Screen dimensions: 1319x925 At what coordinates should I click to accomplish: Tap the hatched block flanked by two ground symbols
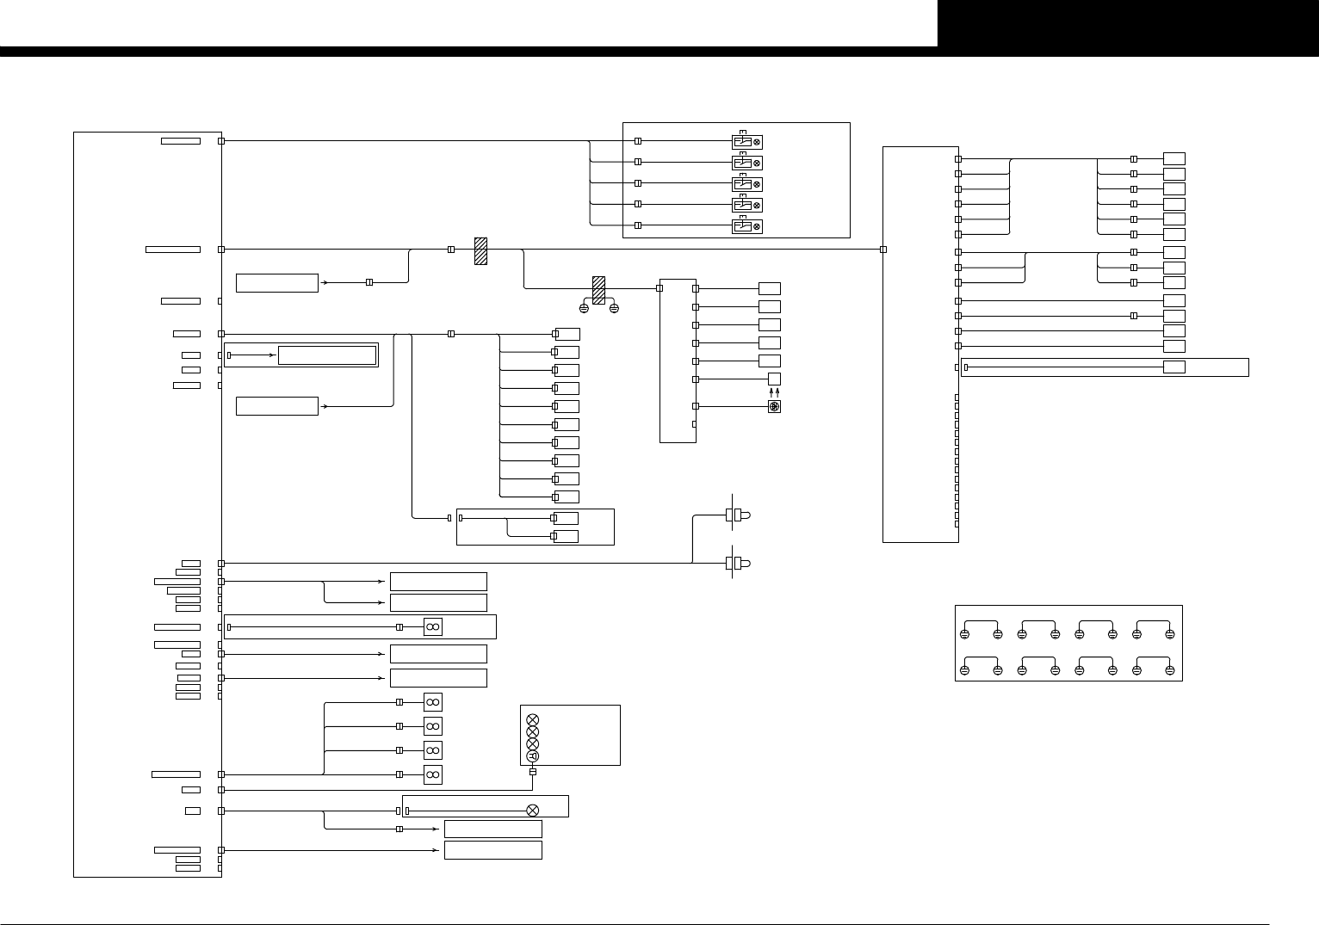pos(598,289)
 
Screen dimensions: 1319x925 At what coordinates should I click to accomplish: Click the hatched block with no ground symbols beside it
pos(480,250)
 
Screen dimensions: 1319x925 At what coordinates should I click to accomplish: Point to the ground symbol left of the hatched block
pos(584,308)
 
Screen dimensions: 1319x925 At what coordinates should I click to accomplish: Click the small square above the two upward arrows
pos(774,379)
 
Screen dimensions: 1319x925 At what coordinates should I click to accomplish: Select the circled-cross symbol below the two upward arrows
pos(774,406)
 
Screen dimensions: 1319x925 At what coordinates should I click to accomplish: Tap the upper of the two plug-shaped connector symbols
pos(738,515)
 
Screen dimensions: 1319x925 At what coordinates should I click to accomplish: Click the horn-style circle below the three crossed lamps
pos(532,756)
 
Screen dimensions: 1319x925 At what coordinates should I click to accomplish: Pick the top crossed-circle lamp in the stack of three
pos(532,719)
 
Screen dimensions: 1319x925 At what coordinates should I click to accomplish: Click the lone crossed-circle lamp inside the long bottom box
pos(532,811)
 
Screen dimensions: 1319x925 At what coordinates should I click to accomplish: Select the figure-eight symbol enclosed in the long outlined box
pos(432,627)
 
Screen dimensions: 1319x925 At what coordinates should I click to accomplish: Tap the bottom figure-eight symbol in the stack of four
pos(432,775)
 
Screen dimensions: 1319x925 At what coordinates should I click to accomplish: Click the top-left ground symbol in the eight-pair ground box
pos(965,635)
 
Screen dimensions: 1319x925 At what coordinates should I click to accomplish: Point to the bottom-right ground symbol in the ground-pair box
pos(1169,670)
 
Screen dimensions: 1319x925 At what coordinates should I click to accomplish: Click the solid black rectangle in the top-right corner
pos(1128,23)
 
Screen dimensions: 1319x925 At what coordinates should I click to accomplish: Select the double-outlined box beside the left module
pos(327,355)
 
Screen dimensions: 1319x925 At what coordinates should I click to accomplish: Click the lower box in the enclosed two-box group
pos(566,537)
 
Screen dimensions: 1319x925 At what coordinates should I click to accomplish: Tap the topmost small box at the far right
pos(1173,158)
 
